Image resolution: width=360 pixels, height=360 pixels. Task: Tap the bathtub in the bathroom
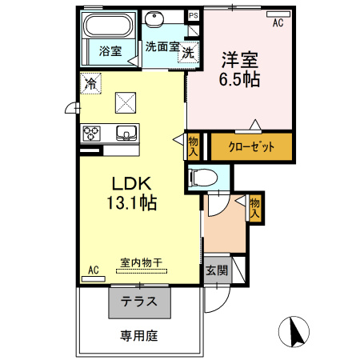pyautogui.click(x=110, y=28)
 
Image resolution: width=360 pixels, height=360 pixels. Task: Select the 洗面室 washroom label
pyautogui.click(x=161, y=46)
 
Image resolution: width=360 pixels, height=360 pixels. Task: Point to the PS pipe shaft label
pyautogui.click(x=193, y=15)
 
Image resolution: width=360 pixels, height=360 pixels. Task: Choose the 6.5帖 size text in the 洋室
pyautogui.click(x=240, y=80)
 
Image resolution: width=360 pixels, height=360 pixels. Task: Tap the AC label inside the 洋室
pyautogui.click(x=278, y=23)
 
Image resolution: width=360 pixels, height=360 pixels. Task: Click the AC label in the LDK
pyautogui.click(x=93, y=270)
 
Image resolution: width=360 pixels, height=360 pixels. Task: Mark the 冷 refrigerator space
pyautogui.click(x=91, y=82)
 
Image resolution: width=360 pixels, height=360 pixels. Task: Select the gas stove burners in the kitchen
pyautogui.click(x=90, y=132)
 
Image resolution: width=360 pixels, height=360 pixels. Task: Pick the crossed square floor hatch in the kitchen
pyautogui.click(x=126, y=102)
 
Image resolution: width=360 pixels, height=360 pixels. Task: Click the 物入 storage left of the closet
pyautogui.click(x=194, y=146)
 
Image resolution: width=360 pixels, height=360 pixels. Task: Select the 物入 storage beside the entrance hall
pyautogui.click(x=255, y=207)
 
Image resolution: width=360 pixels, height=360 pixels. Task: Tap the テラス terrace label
pyautogui.click(x=139, y=302)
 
